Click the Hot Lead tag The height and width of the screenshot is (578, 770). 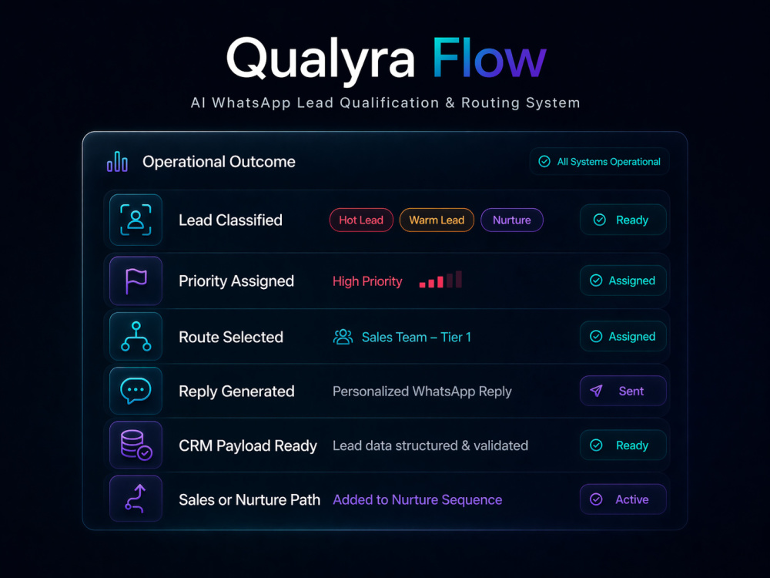pos(361,220)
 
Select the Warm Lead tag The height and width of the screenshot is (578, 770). pos(437,220)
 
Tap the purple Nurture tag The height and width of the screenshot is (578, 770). pos(512,220)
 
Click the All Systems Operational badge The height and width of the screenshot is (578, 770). pos(599,161)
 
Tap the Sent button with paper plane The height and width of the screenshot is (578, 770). pos(623,391)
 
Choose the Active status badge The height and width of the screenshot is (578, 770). pos(623,499)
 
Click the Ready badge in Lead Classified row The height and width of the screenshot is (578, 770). pos(623,220)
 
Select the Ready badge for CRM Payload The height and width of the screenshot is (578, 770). pos(623,445)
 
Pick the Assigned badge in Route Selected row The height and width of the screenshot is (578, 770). pos(623,336)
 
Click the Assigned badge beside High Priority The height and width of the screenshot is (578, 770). pos(623,281)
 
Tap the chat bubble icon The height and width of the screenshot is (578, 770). pos(136,391)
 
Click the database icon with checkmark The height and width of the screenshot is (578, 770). pos(136,445)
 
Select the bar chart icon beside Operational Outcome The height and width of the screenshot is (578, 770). pos(117,162)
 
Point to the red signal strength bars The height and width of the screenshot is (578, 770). pos(440,280)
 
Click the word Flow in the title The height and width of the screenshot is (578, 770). pos(489,59)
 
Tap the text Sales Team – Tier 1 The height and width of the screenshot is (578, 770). pos(417,338)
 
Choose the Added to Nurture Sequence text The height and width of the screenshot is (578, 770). pos(417,500)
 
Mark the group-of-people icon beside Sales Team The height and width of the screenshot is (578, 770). pos(343,337)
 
